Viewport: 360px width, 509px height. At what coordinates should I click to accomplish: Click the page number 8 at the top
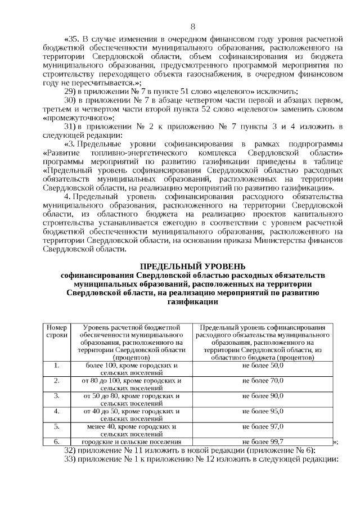coord(193,26)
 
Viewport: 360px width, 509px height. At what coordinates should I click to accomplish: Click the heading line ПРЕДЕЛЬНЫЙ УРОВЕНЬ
coord(192,266)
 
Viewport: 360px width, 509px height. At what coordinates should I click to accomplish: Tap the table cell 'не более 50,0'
coord(262,366)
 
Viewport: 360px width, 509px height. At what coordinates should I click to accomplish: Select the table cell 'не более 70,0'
coord(262,381)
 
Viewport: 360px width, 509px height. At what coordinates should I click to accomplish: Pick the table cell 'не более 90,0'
coord(262,396)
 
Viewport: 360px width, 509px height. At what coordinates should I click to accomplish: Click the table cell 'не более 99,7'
coord(262,442)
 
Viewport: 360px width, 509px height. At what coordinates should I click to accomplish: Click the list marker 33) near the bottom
coord(70,458)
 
